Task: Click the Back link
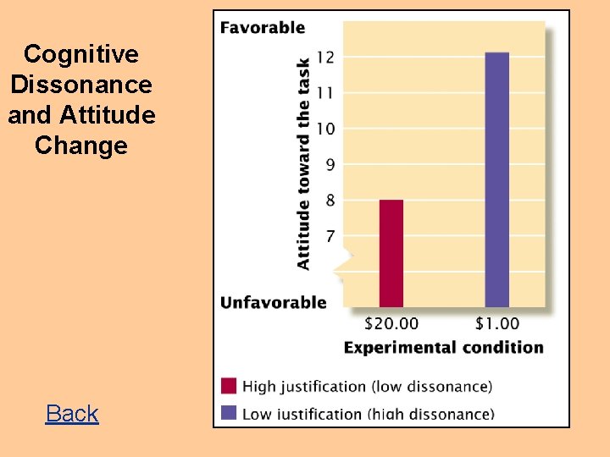pyautogui.click(x=72, y=413)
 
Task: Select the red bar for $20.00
pyautogui.click(x=391, y=253)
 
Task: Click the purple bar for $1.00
pyautogui.click(x=497, y=179)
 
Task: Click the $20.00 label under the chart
pyautogui.click(x=391, y=323)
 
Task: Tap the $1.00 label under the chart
pyautogui.click(x=497, y=323)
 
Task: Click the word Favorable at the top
pyautogui.click(x=263, y=27)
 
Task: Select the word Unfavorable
pyautogui.click(x=273, y=302)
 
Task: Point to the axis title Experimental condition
pyautogui.click(x=443, y=347)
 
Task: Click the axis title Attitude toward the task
pyautogui.click(x=303, y=163)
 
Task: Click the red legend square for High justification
pyautogui.click(x=229, y=387)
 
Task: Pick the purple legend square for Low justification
pyautogui.click(x=229, y=413)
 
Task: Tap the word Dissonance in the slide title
pyautogui.click(x=81, y=85)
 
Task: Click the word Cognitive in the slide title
pyautogui.click(x=81, y=54)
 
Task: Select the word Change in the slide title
pyautogui.click(x=81, y=146)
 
